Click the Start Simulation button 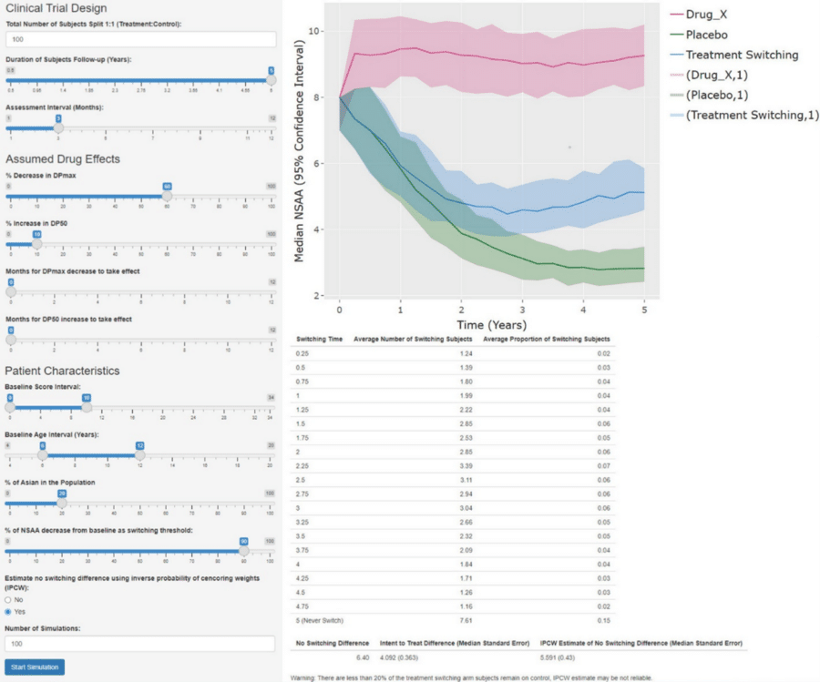35,667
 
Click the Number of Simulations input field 140,644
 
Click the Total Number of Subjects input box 140,39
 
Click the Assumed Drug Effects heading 63,158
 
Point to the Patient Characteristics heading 62,371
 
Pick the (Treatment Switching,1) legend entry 742,115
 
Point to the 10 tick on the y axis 313,31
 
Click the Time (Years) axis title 491,324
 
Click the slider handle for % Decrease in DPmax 167,196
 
